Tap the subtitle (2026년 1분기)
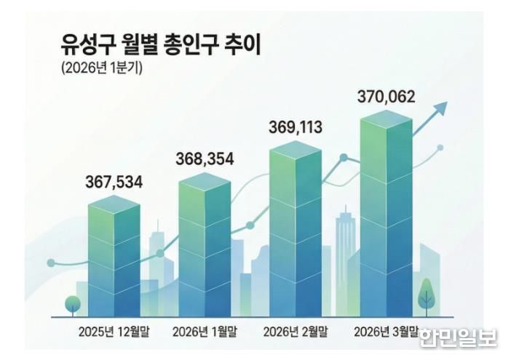101,69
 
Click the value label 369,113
294,128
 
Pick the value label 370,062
387,96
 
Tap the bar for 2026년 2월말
296,229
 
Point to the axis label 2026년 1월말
205,332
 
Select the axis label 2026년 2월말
295,332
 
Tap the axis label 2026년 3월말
386,332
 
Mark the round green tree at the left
72,303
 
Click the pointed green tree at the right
427,296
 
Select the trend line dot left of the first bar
50,263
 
